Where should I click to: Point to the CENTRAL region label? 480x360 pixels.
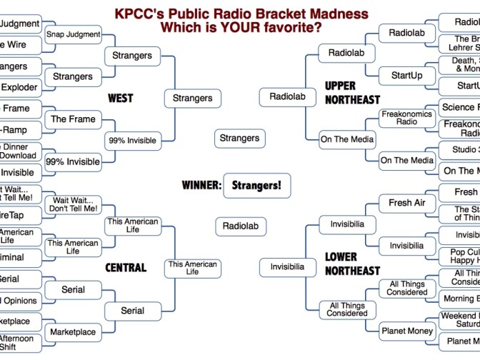click(126, 268)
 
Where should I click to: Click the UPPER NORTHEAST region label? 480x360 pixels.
click(352, 93)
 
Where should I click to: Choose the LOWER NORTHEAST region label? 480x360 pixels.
click(352, 264)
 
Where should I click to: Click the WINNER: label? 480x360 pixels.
click(201, 185)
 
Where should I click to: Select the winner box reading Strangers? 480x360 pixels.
click(256, 185)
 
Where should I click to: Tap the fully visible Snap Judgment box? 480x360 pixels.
click(73, 34)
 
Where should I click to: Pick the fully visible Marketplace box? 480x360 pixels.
click(73, 331)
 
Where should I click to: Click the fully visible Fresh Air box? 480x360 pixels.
click(406, 203)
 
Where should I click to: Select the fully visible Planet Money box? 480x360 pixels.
click(406, 331)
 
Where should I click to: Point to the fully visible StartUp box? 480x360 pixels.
click(406, 75)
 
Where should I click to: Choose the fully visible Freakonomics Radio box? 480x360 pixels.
click(406, 118)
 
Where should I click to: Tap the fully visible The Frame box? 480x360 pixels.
click(73, 119)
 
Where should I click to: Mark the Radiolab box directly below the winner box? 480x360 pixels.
click(240, 226)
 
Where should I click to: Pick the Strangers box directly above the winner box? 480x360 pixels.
click(239, 138)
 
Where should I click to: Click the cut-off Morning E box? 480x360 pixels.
click(461, 299)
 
